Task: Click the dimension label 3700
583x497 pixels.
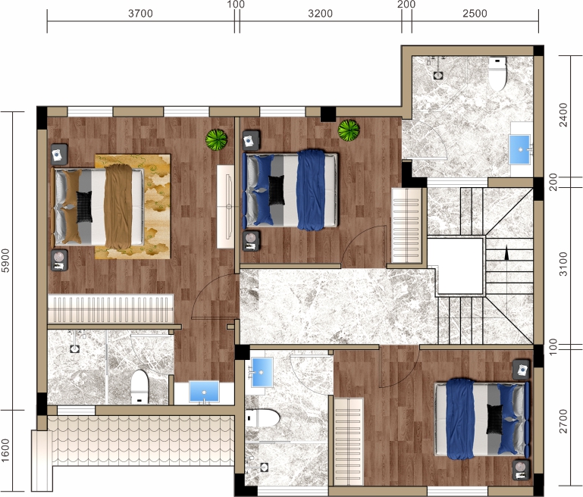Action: pyautogui.click(x=140, y=14)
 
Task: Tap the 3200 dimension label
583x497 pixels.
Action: pyautogui.click(x=321, y=14)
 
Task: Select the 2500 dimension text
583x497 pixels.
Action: pyautogui.click(x=475, y=14)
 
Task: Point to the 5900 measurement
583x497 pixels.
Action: pyautogui.click(x=5, y=261)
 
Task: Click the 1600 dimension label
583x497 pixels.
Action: pyautogui.click(x=5, y=450)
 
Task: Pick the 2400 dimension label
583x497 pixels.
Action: pyautogui.click(x=563, y=114)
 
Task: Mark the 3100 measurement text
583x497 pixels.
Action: pyautogui.click(x=563, y=264)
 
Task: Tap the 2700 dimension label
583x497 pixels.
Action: pyautogui.click(x=563, y=421)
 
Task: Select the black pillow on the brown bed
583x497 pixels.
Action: pyautogui.click(x=84, y=207)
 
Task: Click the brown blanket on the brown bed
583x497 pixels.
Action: pyautogui.click(x=118, y=207)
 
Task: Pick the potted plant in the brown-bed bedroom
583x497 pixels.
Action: pyautogui.click(x=216, y=139)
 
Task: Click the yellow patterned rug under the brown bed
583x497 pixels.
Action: pyautogui.click(x=133, y=207)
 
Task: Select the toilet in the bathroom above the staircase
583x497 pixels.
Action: pyautogui.click(x=497, y=73)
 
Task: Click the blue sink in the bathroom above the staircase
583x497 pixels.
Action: pyautogui.click(x=520, y=149)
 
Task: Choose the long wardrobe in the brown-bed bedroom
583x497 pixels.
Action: pyautogui.click(x=111, y=309)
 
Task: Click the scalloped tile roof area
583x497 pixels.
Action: pyautogui.click(x=143, y=440)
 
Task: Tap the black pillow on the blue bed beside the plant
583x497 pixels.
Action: pyautogui.click(x=276, y=190)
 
